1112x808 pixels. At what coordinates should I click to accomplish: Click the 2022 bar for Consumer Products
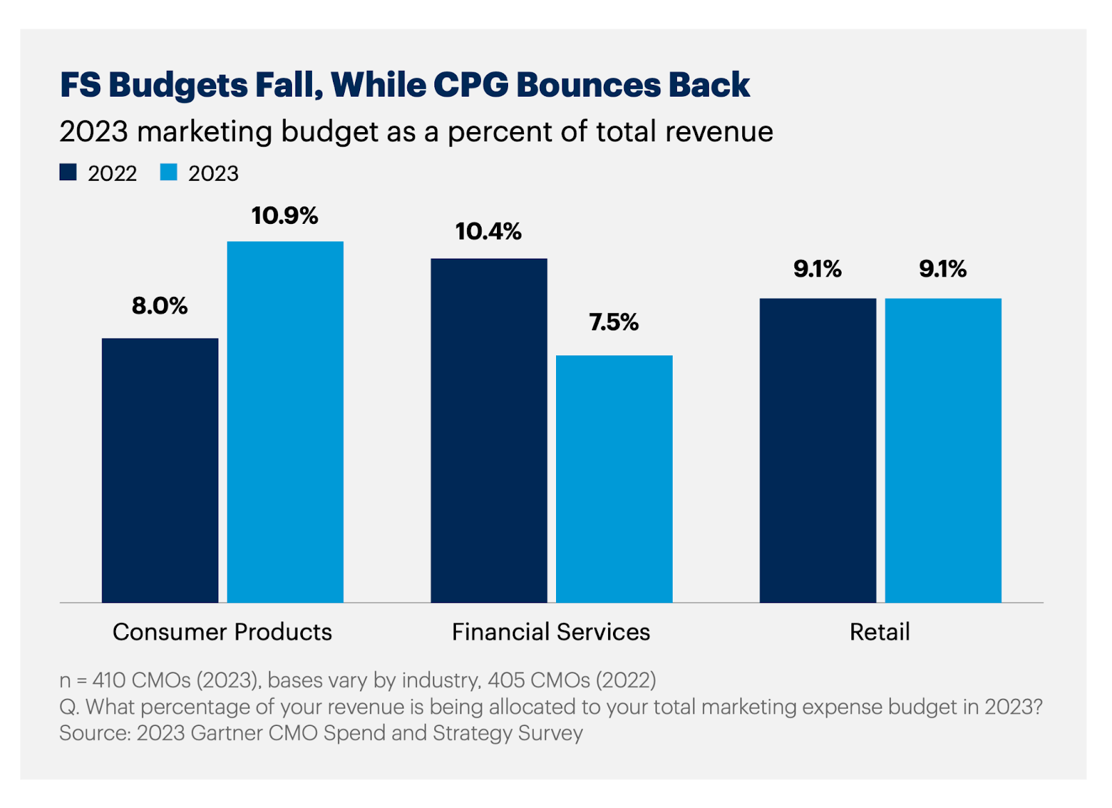(160, 470)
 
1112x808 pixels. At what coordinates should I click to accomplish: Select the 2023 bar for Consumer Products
(285, 421)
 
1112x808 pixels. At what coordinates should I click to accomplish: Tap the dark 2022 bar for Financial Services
(489, 430)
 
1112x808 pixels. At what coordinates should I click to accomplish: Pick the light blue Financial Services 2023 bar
(614, 478)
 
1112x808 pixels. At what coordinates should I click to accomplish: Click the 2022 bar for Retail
(817, 450)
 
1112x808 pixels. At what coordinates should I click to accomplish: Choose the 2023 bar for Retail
(942, 450)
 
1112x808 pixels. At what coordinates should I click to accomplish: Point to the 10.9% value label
(285, 216)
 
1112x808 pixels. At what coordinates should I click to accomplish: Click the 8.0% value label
(160, 306)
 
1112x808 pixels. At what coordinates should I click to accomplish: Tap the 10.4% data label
(489, 232)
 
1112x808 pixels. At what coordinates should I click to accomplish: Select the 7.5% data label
(614, 322)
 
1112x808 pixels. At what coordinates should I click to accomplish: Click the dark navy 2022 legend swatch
(68, 172)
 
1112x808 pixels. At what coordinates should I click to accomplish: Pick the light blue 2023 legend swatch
(169, 172)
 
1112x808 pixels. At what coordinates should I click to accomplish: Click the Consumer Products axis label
(222, 631)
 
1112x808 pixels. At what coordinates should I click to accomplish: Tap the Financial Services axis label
(551, 631)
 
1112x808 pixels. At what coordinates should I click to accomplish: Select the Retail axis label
(879, 631)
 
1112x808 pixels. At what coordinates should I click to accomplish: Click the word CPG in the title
(471, 85)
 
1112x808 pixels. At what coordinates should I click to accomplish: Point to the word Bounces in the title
(588, 85)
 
